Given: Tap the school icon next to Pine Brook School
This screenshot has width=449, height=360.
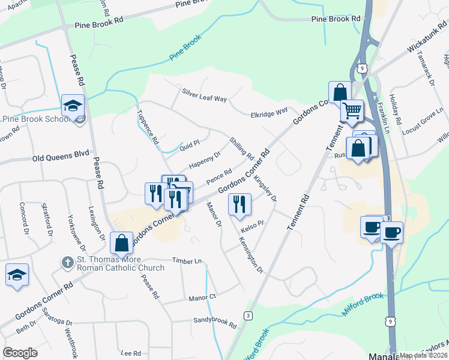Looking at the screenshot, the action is coord(73,106).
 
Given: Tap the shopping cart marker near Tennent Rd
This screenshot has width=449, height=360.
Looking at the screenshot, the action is coord(352,110).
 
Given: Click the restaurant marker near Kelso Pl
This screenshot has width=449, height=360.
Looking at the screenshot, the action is coord(240,204).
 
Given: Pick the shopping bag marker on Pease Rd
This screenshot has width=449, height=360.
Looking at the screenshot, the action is coord(122,243).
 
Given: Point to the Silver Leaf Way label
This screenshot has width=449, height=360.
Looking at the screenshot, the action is coord(204,96).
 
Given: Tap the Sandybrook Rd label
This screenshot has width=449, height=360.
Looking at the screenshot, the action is coord(214,323).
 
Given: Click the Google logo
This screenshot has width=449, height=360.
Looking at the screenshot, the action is coord(20,353).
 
